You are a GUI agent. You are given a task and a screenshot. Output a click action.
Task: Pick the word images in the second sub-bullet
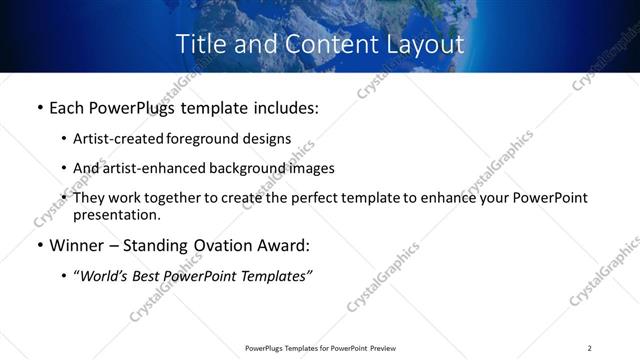tap(312, 168)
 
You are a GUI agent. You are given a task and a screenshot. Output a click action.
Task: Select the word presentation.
tap(116, 215)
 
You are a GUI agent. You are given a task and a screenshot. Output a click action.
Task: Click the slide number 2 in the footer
tap(589, 348)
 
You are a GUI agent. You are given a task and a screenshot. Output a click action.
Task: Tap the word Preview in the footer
tap(383, 348)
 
